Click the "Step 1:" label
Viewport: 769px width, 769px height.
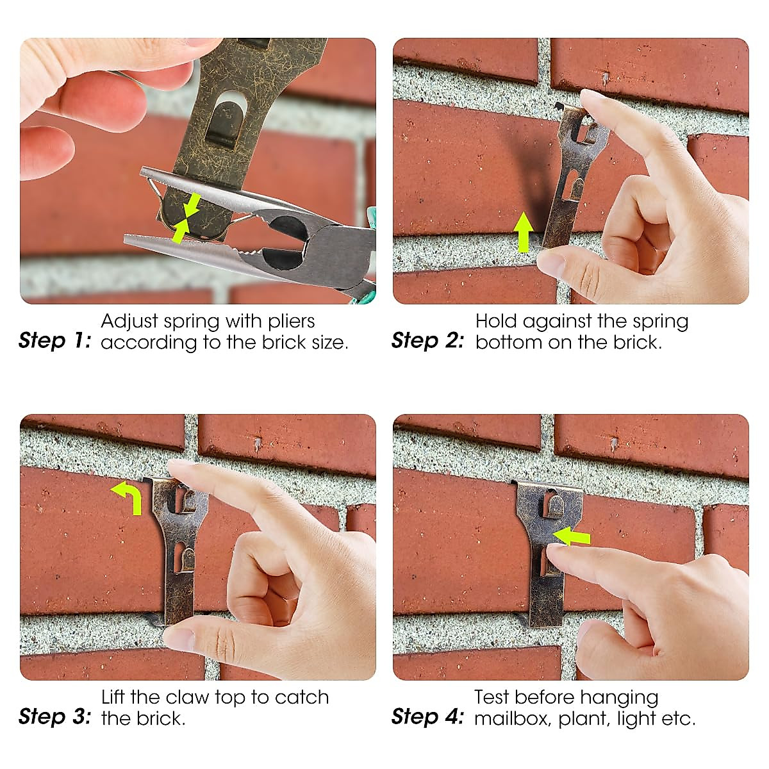[55, 340]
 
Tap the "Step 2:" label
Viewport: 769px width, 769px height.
[427, 340]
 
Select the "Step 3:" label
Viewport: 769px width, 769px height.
[55, 716]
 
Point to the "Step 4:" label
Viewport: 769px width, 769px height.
[427, 716]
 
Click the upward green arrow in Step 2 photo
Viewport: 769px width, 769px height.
[524, 232]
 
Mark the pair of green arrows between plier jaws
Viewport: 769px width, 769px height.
[185, 218]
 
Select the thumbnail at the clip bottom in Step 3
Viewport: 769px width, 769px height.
[179, 637]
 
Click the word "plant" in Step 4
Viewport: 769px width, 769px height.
[584, 718]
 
